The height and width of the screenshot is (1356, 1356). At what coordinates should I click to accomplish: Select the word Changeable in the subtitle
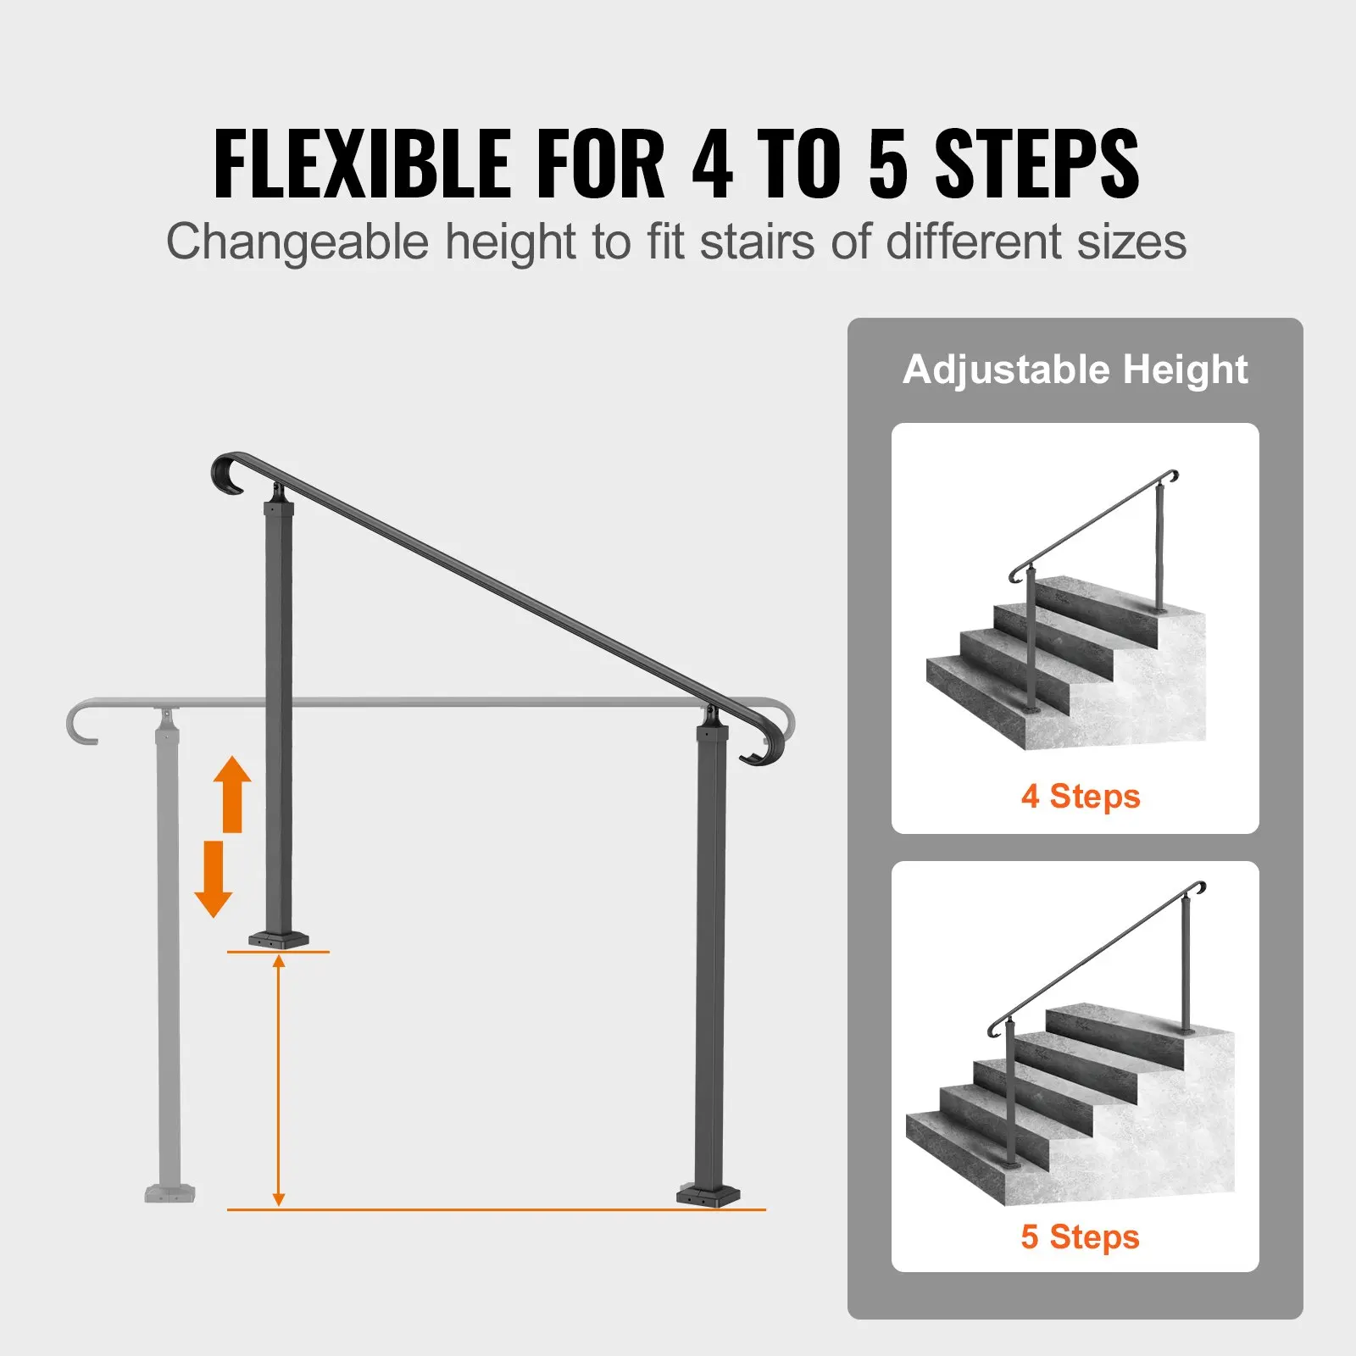(x=297, y=242)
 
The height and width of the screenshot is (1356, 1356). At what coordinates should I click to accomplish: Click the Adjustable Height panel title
(x=1075, y=370)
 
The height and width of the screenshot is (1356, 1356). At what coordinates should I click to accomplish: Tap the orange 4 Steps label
(x=1081, y=796)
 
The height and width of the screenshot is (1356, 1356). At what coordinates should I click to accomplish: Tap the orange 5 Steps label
(x=1081, y=1237)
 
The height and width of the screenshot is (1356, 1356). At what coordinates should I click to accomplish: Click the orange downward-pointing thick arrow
(x=214, y=880)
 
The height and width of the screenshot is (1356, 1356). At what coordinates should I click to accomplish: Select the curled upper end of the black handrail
(x=227, y=475)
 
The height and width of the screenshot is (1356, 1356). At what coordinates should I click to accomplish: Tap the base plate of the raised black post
(x=279, y=939)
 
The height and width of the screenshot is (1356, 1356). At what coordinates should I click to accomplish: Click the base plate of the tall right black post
(x=709, y=1196)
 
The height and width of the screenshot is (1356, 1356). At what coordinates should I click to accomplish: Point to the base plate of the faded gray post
(x=170, y=1193)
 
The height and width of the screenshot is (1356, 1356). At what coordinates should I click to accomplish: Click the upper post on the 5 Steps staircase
(x=1186, y=966)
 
